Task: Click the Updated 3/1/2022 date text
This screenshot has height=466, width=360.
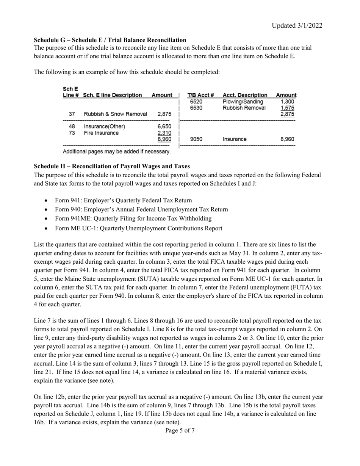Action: [x=297, y=25]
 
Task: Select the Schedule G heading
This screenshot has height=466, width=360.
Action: [x=110, y=40]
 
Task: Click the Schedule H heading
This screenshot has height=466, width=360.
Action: [x=112, y=166]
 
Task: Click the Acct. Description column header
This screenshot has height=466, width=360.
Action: [x=245, y=95]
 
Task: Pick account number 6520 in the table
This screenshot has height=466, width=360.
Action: [x=196, y=102]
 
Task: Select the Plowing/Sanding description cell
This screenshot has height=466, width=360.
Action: [x=243, y=102]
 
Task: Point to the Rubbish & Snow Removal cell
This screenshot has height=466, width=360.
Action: [x=115, y=114]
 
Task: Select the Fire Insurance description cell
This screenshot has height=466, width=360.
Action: [x=101, y=133]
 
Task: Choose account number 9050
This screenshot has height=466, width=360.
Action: [x=196, y=139]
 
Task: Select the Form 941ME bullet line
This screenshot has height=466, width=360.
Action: [x=133, y=219]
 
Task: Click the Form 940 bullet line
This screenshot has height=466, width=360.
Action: [x=141, y=210]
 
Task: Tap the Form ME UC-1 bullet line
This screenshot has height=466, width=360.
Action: [x=138, y=228]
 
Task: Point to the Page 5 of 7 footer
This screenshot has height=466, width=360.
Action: [x=180, y=430]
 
